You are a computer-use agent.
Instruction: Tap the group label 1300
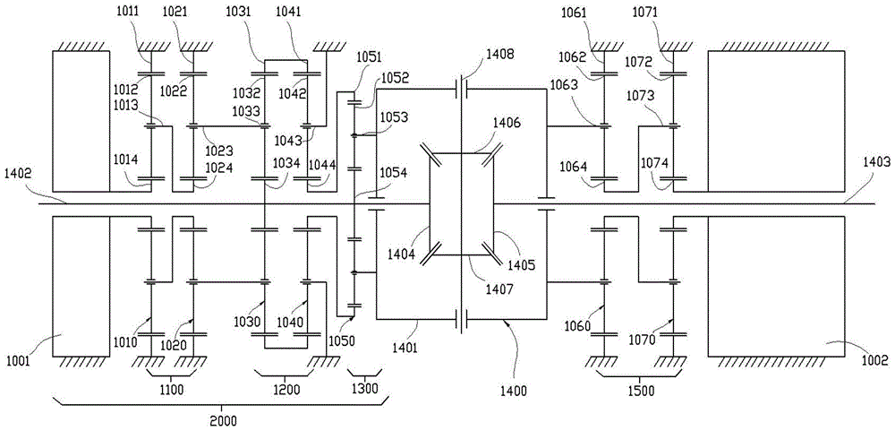point(362,390)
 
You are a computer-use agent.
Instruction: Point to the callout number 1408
point(500,56)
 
